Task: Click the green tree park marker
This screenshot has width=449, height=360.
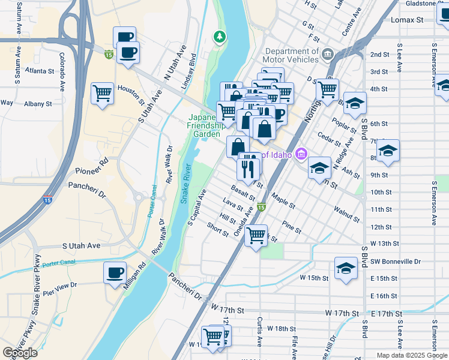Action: coord(220,37)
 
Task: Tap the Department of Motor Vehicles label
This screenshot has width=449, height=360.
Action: coord(291,55)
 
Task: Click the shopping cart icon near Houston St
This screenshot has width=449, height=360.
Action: coord(103,94)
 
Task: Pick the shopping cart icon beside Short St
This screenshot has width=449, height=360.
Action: coord(256,236)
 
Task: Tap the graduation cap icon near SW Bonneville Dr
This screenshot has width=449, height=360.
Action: coord(346,268)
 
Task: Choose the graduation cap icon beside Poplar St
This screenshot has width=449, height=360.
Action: coord(355,103)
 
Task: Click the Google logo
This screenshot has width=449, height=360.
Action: coord(20,353)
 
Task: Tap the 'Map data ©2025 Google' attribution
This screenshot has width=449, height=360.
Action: coord(411,355)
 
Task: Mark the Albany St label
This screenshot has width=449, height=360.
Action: coord(38,104)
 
